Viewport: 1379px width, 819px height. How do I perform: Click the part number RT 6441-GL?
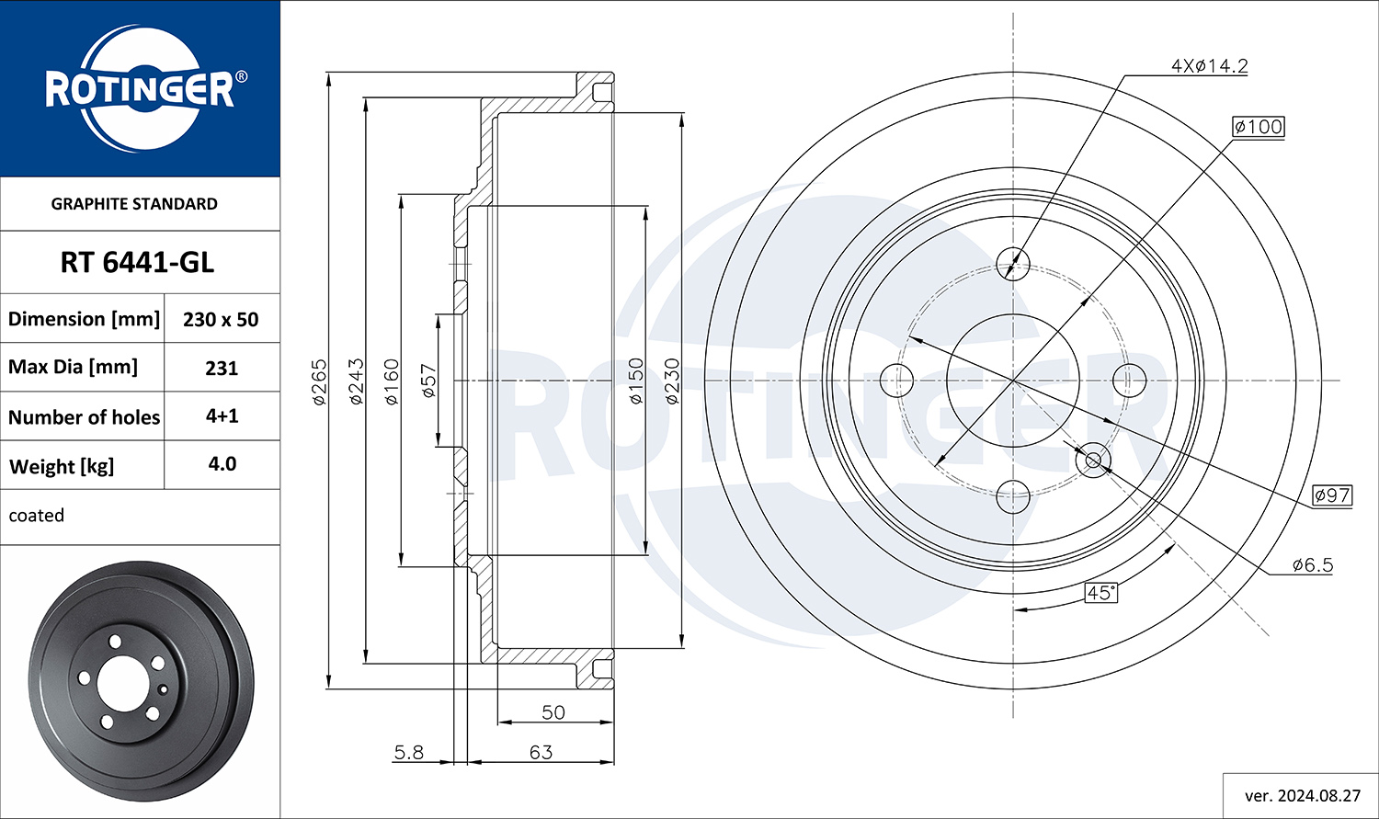click(x=137, y=263)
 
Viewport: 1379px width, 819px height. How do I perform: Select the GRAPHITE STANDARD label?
click(x=134, y=204)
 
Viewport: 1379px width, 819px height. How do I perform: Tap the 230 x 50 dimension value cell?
click(x=221, y=319)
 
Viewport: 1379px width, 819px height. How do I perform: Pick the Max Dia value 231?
click(x=222, y=368)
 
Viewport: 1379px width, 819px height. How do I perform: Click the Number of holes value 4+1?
click(x=222, y=416)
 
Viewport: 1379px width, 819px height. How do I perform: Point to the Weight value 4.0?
click(x=222, y=464)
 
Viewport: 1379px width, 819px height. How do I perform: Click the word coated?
click(x=37, y=515)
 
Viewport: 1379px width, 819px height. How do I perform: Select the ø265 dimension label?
click(x=320, y=382)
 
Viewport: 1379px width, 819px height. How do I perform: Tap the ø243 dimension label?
click(x=357, y=381)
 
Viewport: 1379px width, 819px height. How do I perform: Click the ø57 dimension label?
click(x=428, y=381)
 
